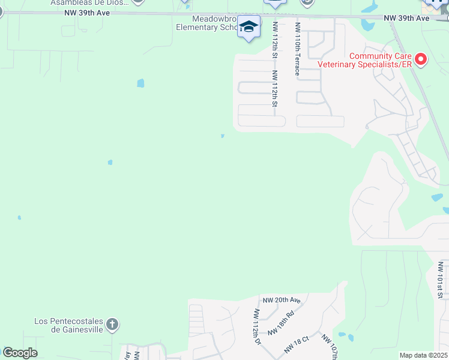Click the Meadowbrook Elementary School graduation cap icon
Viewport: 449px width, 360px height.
click(x=249, y=26)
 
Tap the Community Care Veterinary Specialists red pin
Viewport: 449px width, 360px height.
click(x=421, y=59)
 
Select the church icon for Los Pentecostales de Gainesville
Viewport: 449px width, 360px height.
click(x=112, y=325)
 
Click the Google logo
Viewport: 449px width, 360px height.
click(x=20, y=353)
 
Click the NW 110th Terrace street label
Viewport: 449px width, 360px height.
click(x=297, y=49)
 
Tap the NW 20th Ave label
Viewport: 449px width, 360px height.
click(x=281, y=300)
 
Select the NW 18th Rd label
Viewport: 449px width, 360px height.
click(x=281, y=323)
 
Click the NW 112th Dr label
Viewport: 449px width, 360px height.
click(x=258, y=327)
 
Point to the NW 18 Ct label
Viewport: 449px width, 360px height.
click(x=297, y=343)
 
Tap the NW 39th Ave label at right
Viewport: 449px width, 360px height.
click(x=407, y=19)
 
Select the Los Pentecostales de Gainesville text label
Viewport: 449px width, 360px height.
click(x=69, y=326)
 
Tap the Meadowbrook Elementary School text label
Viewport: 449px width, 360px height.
click(x=207, y=23)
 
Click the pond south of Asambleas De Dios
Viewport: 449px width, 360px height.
click(x=140, y=83)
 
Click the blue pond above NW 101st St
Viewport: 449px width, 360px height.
click(x=437, y=197)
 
